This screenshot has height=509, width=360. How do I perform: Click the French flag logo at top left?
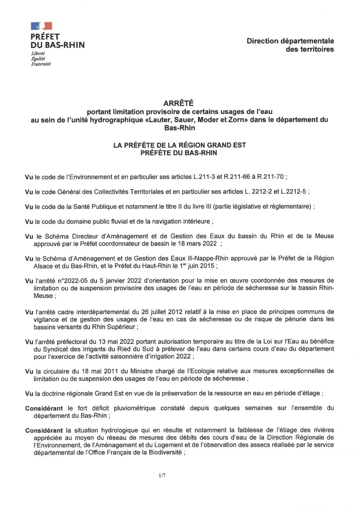(41, 26)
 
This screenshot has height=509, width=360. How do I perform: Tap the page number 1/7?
(162, 476)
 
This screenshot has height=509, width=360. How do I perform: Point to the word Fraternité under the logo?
(40, 64)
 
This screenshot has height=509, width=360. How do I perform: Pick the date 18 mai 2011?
(91, 371)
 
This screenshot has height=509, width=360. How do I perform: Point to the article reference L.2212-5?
(294, 192)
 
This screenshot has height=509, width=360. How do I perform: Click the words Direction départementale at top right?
(290, 41)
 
